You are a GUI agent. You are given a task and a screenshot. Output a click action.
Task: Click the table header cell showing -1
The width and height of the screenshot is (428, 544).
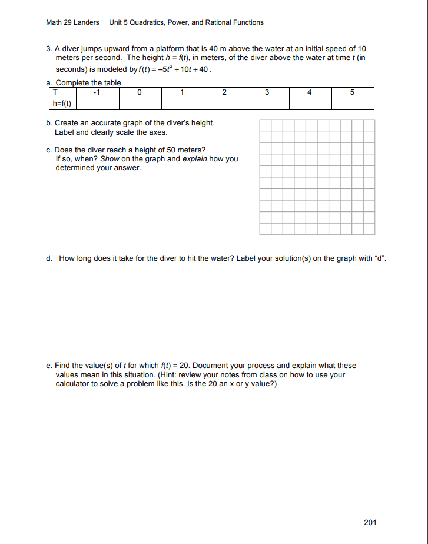(98, 92)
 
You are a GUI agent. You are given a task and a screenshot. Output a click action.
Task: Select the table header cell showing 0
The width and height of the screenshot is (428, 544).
(140, 92)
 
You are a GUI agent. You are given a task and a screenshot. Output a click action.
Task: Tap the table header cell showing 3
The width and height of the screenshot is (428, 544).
(267, 92)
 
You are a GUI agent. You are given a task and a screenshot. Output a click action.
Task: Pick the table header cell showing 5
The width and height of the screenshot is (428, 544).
(353, 92)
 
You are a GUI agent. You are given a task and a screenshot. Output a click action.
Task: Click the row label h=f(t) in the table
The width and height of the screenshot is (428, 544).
(62, 103)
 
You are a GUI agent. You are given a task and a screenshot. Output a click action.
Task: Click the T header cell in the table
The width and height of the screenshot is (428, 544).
(55, 92)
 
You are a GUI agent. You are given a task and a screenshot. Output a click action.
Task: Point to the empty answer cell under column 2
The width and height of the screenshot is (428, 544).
(225, 103)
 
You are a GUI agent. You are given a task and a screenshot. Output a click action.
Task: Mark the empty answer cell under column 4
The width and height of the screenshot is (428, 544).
(310, 103)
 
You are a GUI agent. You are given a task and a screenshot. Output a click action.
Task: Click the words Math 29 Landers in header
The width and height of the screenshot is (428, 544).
(72, 22)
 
